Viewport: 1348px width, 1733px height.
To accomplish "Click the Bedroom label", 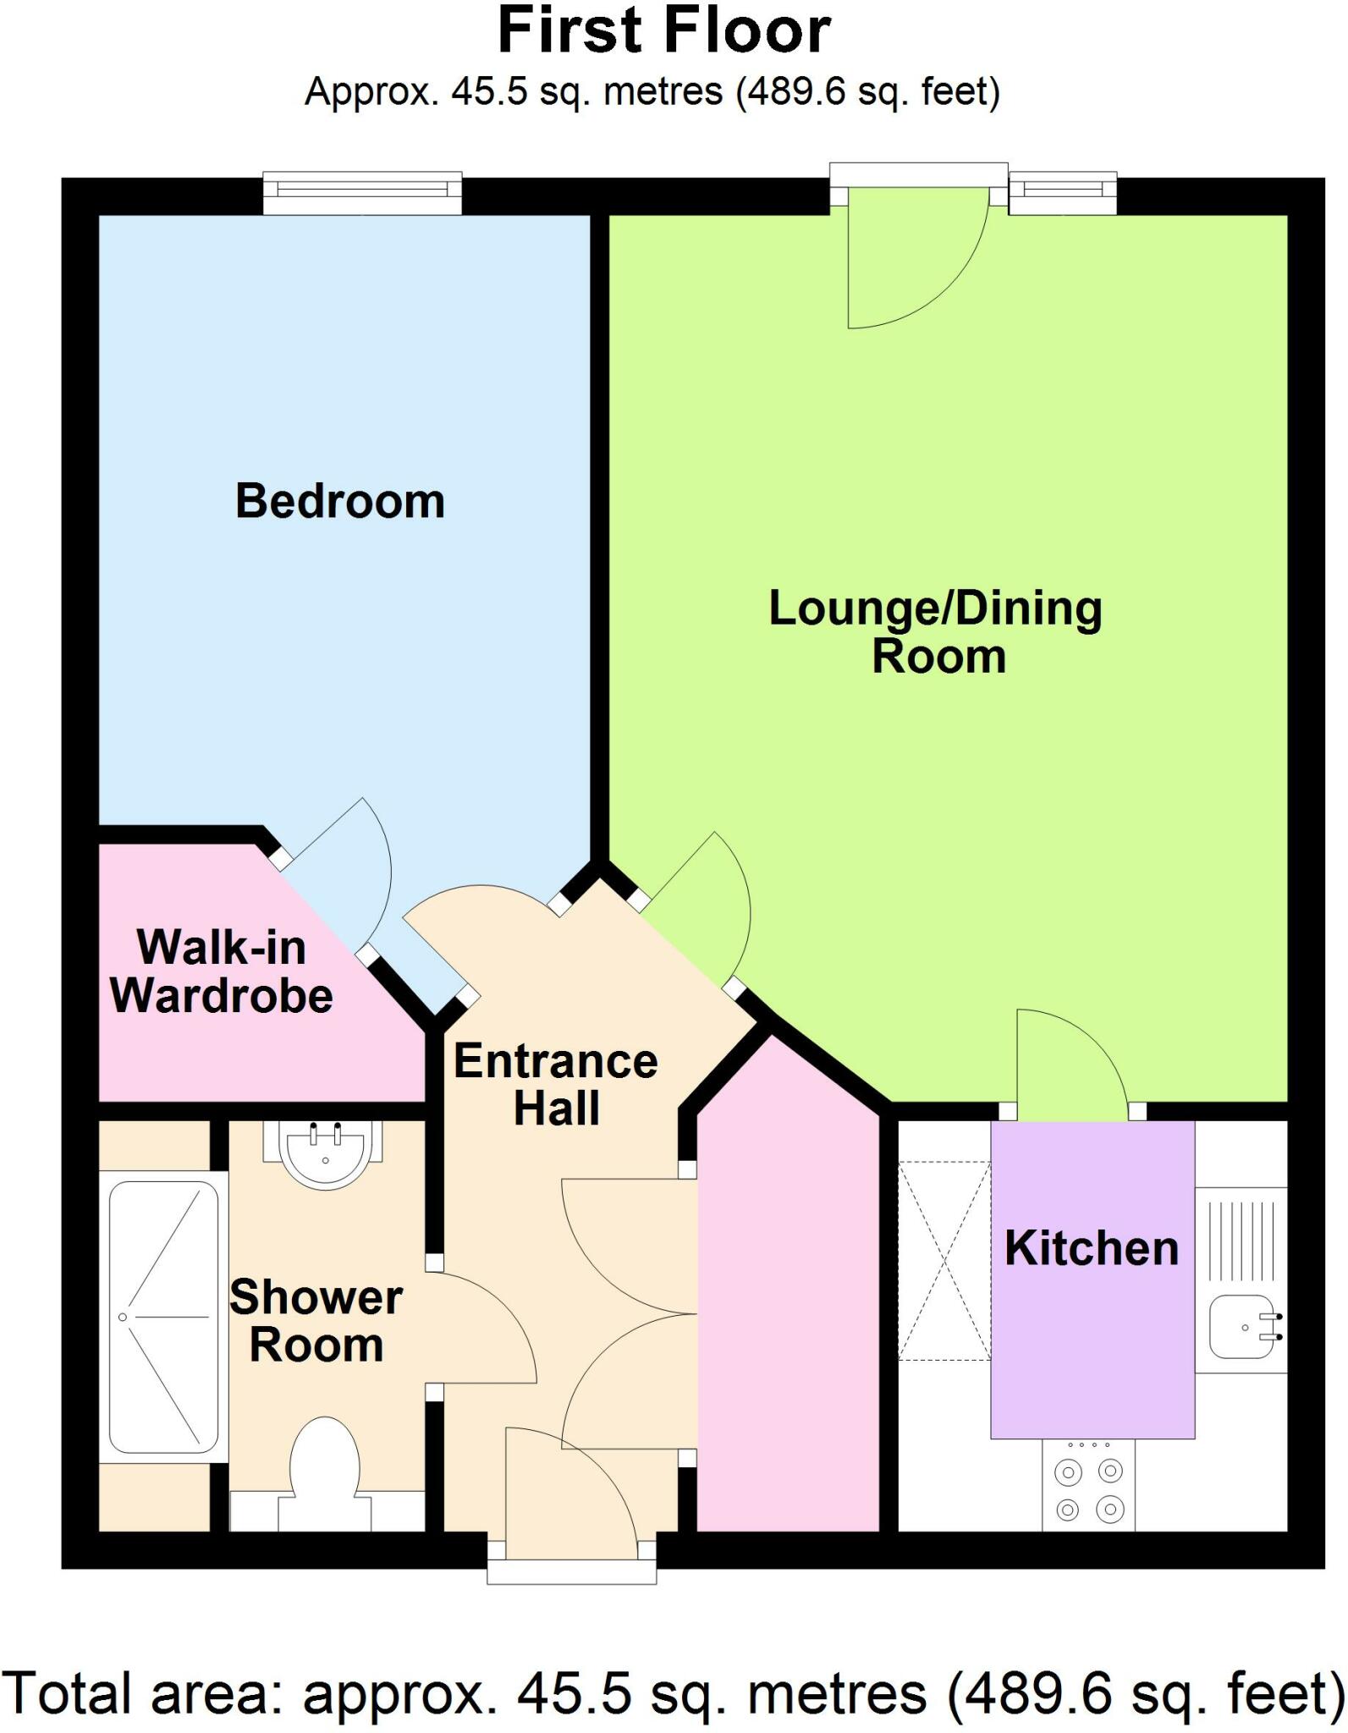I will [339, 501].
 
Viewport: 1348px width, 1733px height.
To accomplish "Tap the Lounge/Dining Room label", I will [935, 631].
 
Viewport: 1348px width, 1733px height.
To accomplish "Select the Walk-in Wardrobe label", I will [222, 971].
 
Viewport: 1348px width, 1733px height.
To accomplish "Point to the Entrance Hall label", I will [555, 1084].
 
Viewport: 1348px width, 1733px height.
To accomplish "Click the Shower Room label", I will [316, 1321].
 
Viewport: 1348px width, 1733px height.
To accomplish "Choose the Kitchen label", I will [1092, 1248].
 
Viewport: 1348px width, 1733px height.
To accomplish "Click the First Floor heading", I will [664, 32].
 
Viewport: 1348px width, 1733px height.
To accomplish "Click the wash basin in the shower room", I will [325, 1153].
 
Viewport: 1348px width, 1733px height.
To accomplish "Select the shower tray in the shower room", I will [163, 1317].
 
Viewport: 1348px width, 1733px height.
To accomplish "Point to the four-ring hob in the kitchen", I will [1088, 1491].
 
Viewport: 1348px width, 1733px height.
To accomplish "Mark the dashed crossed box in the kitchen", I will [944, 1261].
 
